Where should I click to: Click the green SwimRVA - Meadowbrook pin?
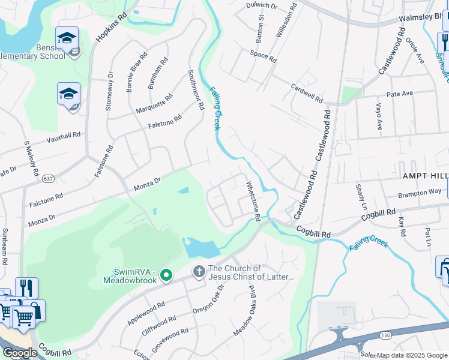[167, 276]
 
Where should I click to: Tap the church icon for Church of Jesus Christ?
[199, 272]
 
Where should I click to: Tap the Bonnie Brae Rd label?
[136, 73]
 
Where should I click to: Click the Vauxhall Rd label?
[64, 139]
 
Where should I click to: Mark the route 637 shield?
[49, 178]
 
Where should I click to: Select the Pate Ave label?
[400, 94]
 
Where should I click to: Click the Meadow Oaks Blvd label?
[246, 310]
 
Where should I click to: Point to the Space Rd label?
[263, 56]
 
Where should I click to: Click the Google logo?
[20, 353]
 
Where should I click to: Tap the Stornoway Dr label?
[109, 91]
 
